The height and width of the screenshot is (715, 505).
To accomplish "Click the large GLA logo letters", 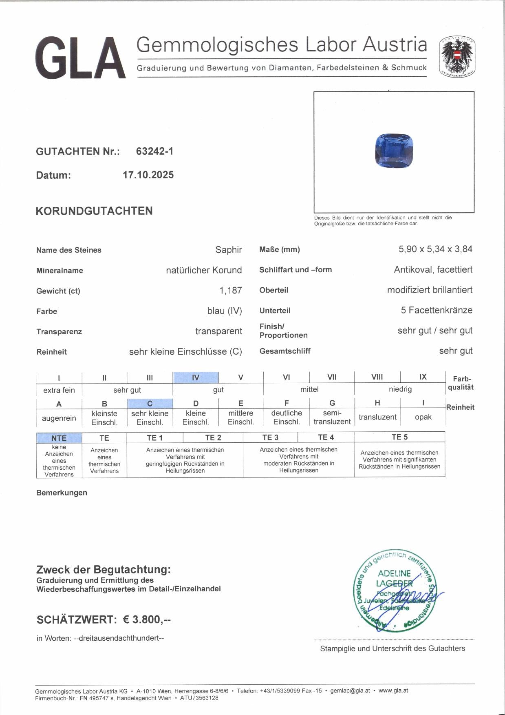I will (x=80, y=58).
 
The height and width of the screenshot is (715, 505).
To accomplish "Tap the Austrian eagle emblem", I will (x=457, y=58).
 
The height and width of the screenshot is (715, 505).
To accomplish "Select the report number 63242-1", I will (x=154, y=151).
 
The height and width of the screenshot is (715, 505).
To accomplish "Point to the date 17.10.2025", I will (x=148, y=175).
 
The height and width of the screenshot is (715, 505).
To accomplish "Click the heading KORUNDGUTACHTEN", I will (x=94, y=211).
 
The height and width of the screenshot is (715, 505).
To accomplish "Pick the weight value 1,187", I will (x=230, y=291).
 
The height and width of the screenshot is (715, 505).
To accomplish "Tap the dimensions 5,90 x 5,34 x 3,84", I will (x=435, y=249).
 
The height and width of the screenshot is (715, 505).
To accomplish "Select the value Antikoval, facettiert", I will (x=433, y=270).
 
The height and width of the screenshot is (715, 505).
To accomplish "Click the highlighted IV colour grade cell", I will (x=196, y=377).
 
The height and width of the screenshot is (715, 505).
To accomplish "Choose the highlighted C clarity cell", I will (x=150, y=404).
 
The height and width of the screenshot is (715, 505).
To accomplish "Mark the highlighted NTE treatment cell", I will (x=59, y=438).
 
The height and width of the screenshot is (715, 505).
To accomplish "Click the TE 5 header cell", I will (x=399, y=437).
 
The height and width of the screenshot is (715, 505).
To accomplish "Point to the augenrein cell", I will (x=59, y=418).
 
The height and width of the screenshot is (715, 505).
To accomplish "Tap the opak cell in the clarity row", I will (x=423, y=417).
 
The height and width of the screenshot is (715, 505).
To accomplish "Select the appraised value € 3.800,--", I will (x=147, y=620).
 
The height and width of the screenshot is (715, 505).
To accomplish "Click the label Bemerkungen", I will (x=62, y=493).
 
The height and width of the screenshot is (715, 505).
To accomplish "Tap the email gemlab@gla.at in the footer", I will (x=350, y=691).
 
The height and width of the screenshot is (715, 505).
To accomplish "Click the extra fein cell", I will (x=59, y=390).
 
